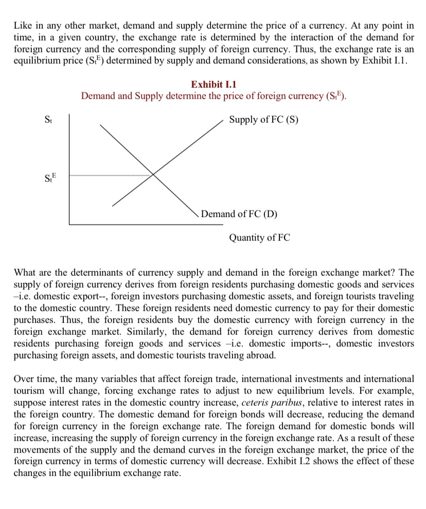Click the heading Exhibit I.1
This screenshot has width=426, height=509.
coord(214,84)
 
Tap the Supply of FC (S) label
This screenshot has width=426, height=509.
coord(263,120)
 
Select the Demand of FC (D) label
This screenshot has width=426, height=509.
coord(239,214)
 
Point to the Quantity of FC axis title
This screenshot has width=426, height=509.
coord(259,238)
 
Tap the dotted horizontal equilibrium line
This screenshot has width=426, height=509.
coord(111,176)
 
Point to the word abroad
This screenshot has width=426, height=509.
coord(262,355)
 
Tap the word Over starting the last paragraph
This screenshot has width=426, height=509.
coord(24,379)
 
